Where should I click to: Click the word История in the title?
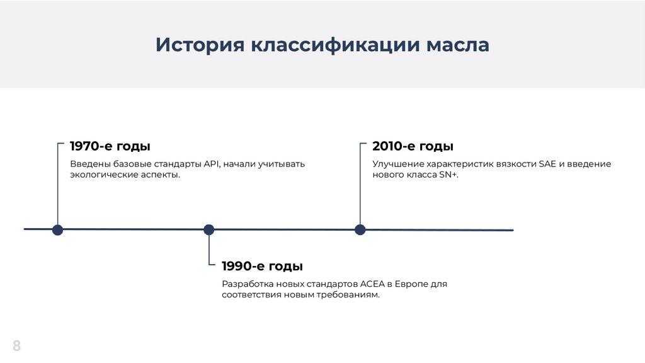(200, 45)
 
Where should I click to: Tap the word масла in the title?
(458, 45)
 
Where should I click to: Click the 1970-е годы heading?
(110, 146)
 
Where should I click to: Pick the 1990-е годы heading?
(262, 265)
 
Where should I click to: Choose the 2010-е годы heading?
(413, 146)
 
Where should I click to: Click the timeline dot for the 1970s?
(57, 229)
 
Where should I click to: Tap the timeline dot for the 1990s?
(209, 229)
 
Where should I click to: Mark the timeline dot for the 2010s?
(360, 229)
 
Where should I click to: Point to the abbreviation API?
(211, 164)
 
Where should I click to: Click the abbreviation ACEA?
(372, 284)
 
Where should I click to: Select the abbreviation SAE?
(547, 164)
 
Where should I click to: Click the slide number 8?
(16, 345)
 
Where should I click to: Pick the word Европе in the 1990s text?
(414, 284)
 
